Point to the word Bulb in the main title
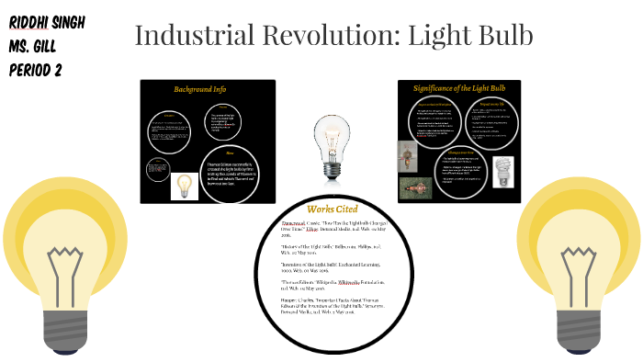(502, 37)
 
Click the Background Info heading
(199, 89)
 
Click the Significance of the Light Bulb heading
(460, 88)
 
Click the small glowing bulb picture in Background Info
(185, 187)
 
